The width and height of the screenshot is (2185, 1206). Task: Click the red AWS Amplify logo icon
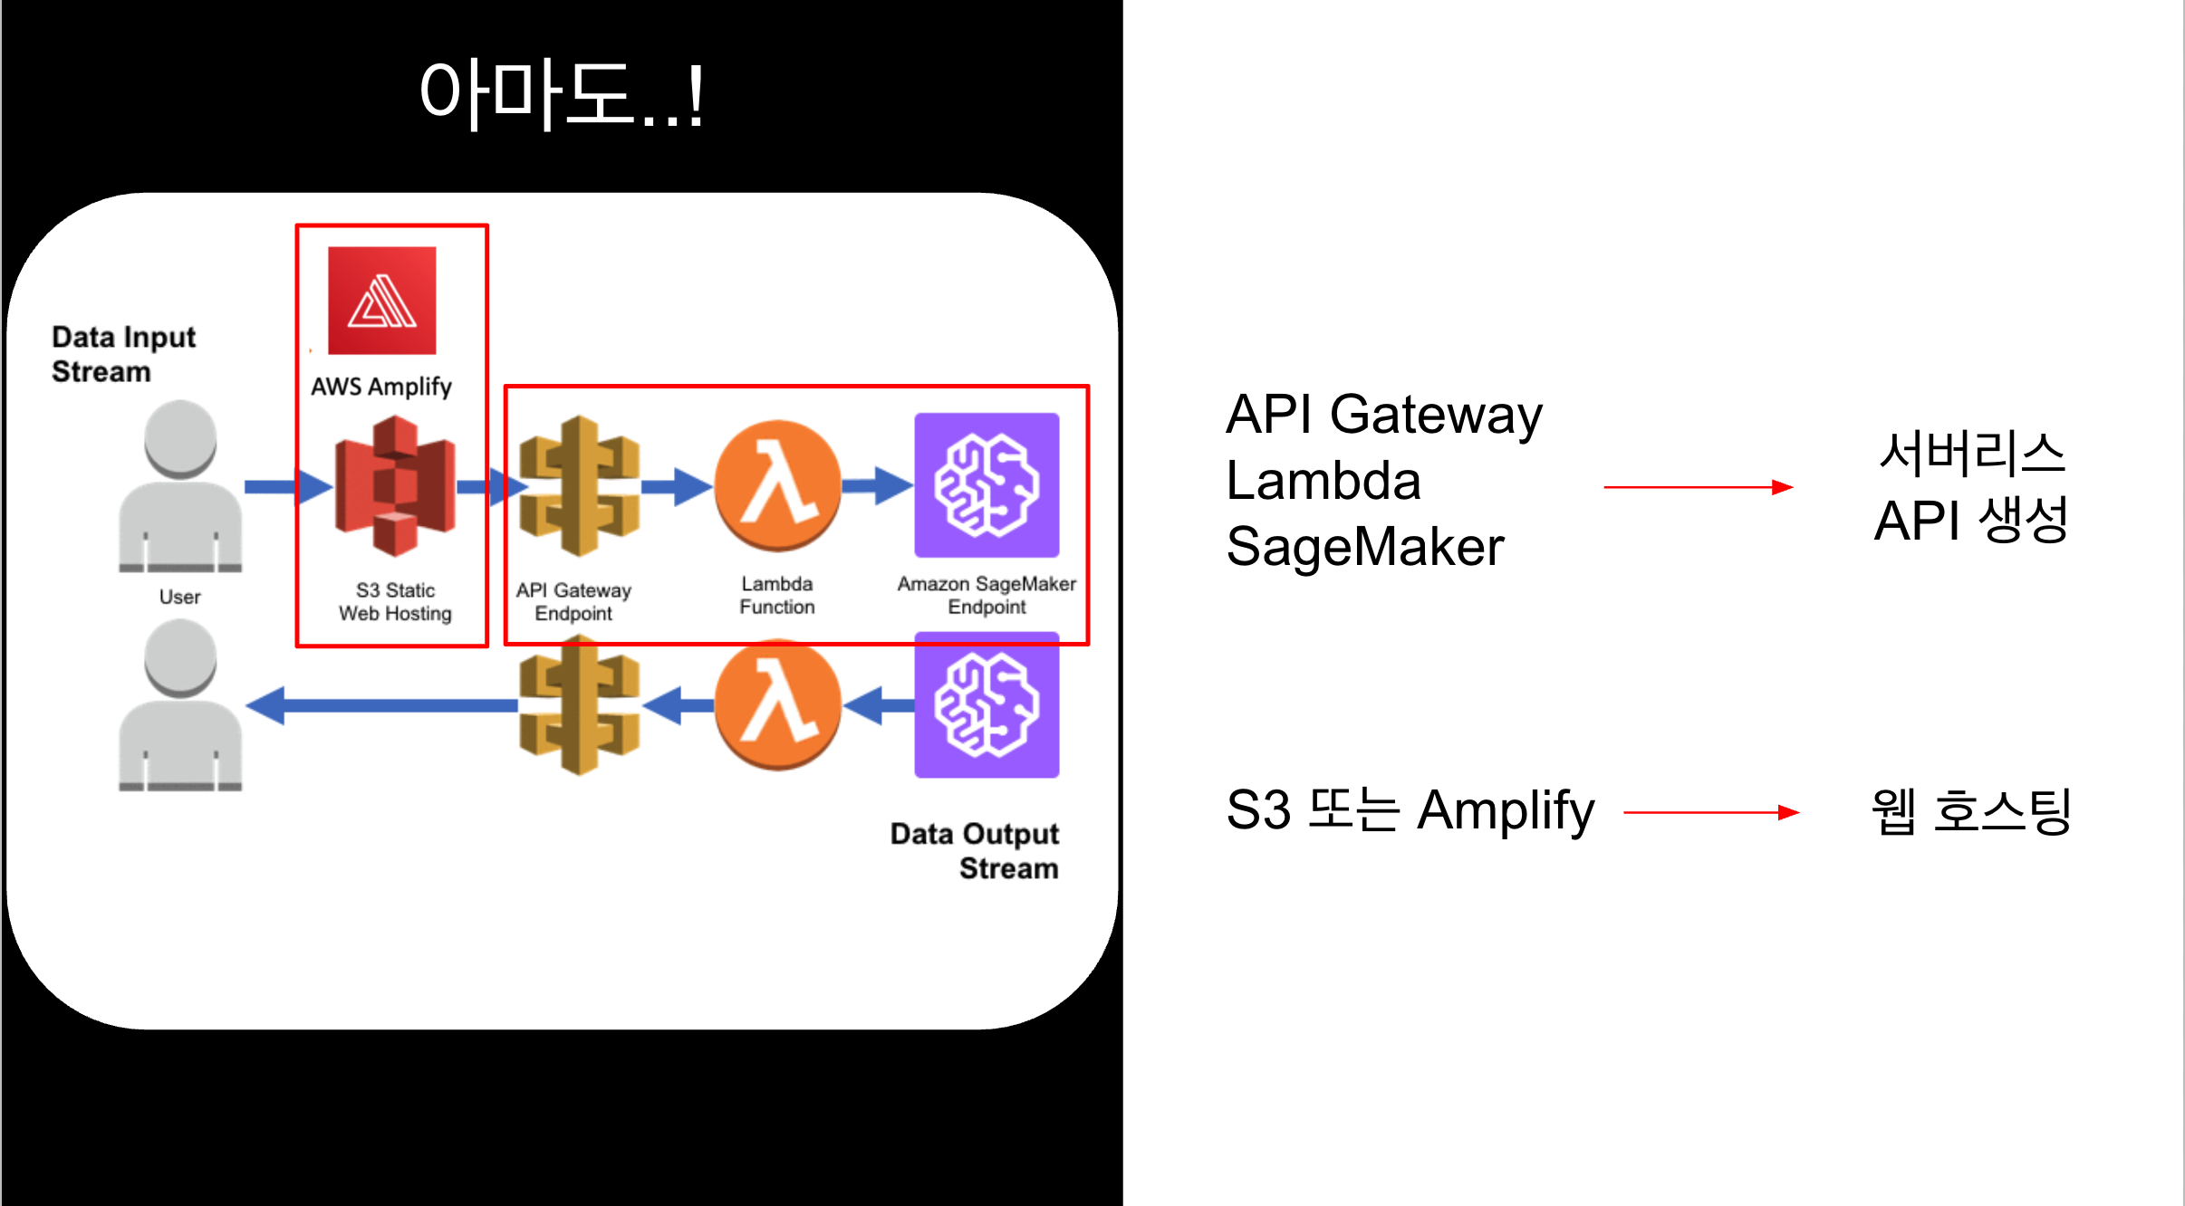pos(381,301)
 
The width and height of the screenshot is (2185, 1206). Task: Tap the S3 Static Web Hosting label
pos(395,602)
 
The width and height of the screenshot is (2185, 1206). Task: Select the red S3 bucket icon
pos(395,486)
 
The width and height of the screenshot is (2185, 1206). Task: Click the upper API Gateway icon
pos(580,486)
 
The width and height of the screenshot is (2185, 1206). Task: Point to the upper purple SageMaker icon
pos(987,485)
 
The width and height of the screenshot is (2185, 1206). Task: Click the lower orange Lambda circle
pos(777,705)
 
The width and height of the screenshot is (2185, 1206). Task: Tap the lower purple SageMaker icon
pos(987,705)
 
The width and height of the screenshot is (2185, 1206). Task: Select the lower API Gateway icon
pos(580,705)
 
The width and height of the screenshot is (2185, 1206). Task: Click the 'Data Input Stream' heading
pos(123,354)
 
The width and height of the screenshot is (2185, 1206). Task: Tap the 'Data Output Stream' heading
pos(974,851)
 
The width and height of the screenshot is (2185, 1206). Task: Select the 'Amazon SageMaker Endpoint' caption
pos(987,596)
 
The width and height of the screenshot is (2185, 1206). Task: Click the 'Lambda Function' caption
pos(777,596)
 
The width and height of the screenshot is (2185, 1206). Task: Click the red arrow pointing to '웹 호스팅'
pos(1711,813)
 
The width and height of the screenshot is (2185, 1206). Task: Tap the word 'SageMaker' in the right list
pos(1365,547)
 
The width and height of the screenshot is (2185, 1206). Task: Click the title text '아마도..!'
pos(562,95)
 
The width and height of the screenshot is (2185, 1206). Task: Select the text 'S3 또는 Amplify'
pos(1410,810)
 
